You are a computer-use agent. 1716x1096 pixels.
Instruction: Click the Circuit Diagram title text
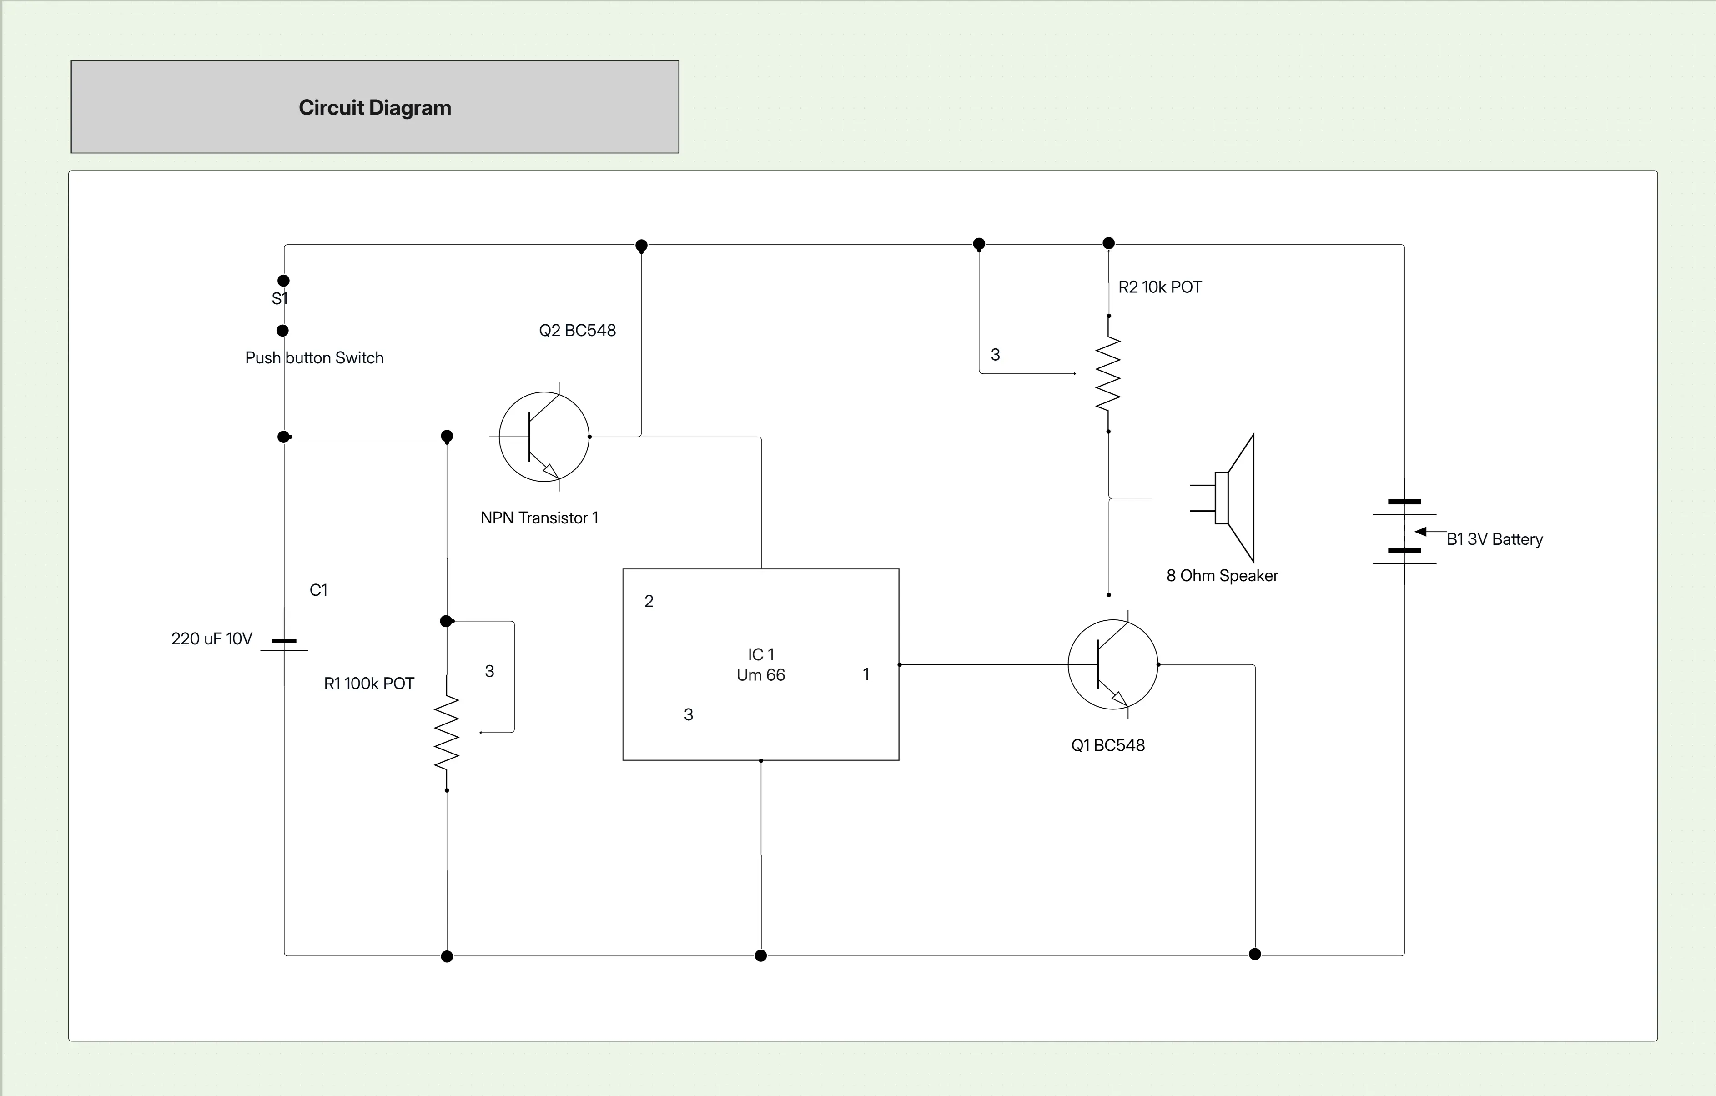pyautogui.click(x=375, y=108)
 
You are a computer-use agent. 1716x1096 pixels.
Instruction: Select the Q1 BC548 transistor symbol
pyautogui.click(x=1113, y=664)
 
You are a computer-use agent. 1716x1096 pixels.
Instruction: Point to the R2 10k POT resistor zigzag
pyautogui.click(x=1108, y=373)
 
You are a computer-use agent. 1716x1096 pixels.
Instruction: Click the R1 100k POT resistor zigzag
pyautogui.click(x=447, y=733)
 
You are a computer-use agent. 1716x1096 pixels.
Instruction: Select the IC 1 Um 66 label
pyautogui.click(x=760, y=664)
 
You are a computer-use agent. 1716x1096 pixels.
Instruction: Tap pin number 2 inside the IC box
pyautogui.click(x=649, y=601)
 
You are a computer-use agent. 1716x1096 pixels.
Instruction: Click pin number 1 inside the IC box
pyautogui.click(x=866, y=674)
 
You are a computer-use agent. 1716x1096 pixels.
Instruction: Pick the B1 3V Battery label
pyautogui.click(x=1495, y=539)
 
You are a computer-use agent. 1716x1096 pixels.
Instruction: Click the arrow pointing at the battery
pyautogui.click(x=1422, y=532)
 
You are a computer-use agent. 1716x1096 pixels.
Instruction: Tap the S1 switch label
pyautogui.click(x=279, y=299)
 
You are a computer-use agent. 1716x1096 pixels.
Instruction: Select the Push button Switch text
pyautogui.click(x=314, y=358)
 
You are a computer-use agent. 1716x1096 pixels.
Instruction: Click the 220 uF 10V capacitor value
pyautogui.click(x=211, y=638)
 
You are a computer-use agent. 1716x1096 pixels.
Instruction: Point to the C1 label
pyautogui.click(x=318, y=590)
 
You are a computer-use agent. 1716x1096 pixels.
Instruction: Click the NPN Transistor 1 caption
pyautogui.click(x=539, y=518)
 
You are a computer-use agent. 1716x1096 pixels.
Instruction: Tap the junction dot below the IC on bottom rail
pyautogui.click(x=760, y=955)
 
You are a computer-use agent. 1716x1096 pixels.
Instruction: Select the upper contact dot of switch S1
pyautogui.click(x=283, y=281)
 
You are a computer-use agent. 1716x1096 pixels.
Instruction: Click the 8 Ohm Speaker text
pyautogui.click(x=1222, y=576)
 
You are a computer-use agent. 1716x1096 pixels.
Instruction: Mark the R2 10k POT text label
pyautogui.click(x=1159, y=287)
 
